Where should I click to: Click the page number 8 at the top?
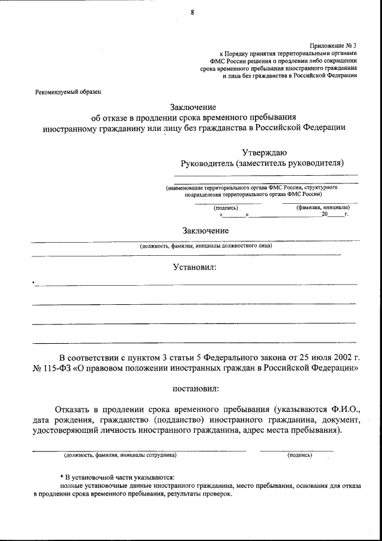point(192,12)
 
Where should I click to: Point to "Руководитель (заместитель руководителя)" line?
point(263,163)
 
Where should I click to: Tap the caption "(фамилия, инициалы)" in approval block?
point(320,207)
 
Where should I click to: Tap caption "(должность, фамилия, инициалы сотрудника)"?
point(120,455)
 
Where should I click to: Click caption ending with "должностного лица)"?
point(206,245)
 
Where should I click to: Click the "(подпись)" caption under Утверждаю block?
point(226,207)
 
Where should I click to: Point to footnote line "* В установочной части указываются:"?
point(117,477)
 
